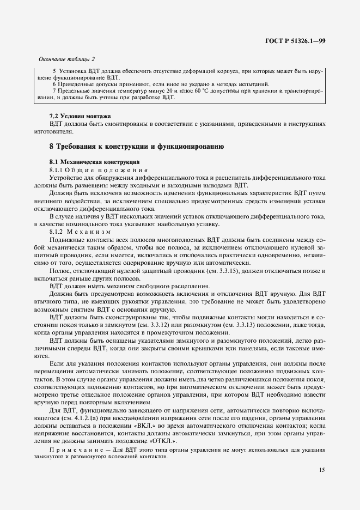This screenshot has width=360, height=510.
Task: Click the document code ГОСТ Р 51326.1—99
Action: (x=296, y=41)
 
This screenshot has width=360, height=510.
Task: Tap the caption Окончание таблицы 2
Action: (x=66, y=59)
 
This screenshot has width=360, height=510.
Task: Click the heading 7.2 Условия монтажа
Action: (x=80, y=116)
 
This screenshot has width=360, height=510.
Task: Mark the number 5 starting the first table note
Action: (x=54, y=71)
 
